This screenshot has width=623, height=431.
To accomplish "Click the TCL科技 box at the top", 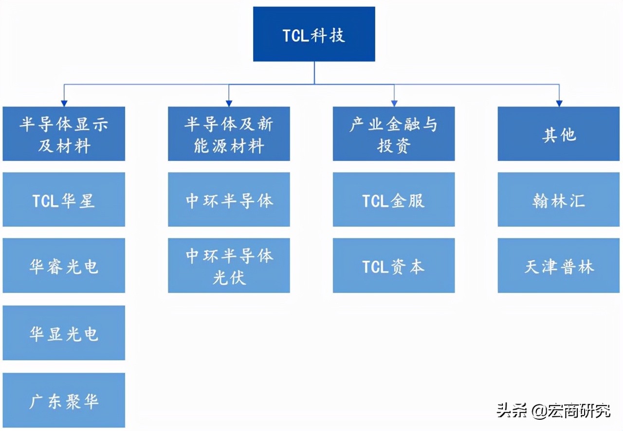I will pos(314,34).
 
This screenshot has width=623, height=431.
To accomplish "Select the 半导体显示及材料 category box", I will pos(64,134).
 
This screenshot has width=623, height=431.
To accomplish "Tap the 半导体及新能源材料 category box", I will pos(229,134).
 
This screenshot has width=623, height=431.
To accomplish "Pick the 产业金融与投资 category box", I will pos(394,134).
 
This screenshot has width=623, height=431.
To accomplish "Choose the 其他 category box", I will pos(559,134).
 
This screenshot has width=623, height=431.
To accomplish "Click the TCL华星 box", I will pos(64,199).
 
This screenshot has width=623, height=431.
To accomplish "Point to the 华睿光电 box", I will pos(64,266).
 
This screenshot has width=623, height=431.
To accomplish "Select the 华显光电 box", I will pos(64,333).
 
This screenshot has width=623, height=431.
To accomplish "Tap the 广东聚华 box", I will pos(64,400).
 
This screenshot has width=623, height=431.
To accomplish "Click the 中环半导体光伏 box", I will pos(229,266).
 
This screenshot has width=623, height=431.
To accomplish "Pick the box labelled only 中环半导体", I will pos(229,199).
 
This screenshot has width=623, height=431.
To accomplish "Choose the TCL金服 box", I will pos(394,199).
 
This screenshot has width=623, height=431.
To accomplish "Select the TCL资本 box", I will pos(394,266).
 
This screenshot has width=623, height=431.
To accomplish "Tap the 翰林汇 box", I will pos(559,199).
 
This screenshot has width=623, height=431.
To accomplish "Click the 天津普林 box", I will pos(559,266).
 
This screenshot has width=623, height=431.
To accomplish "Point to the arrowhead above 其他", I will pos(559,103).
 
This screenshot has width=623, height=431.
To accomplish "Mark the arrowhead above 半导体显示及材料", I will pos(64,103).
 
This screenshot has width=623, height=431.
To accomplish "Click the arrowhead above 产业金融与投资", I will pos(394,103).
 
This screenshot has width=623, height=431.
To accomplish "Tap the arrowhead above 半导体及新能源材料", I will pos(229,103).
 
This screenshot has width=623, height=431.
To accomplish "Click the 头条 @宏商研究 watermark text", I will pos(554,411).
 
